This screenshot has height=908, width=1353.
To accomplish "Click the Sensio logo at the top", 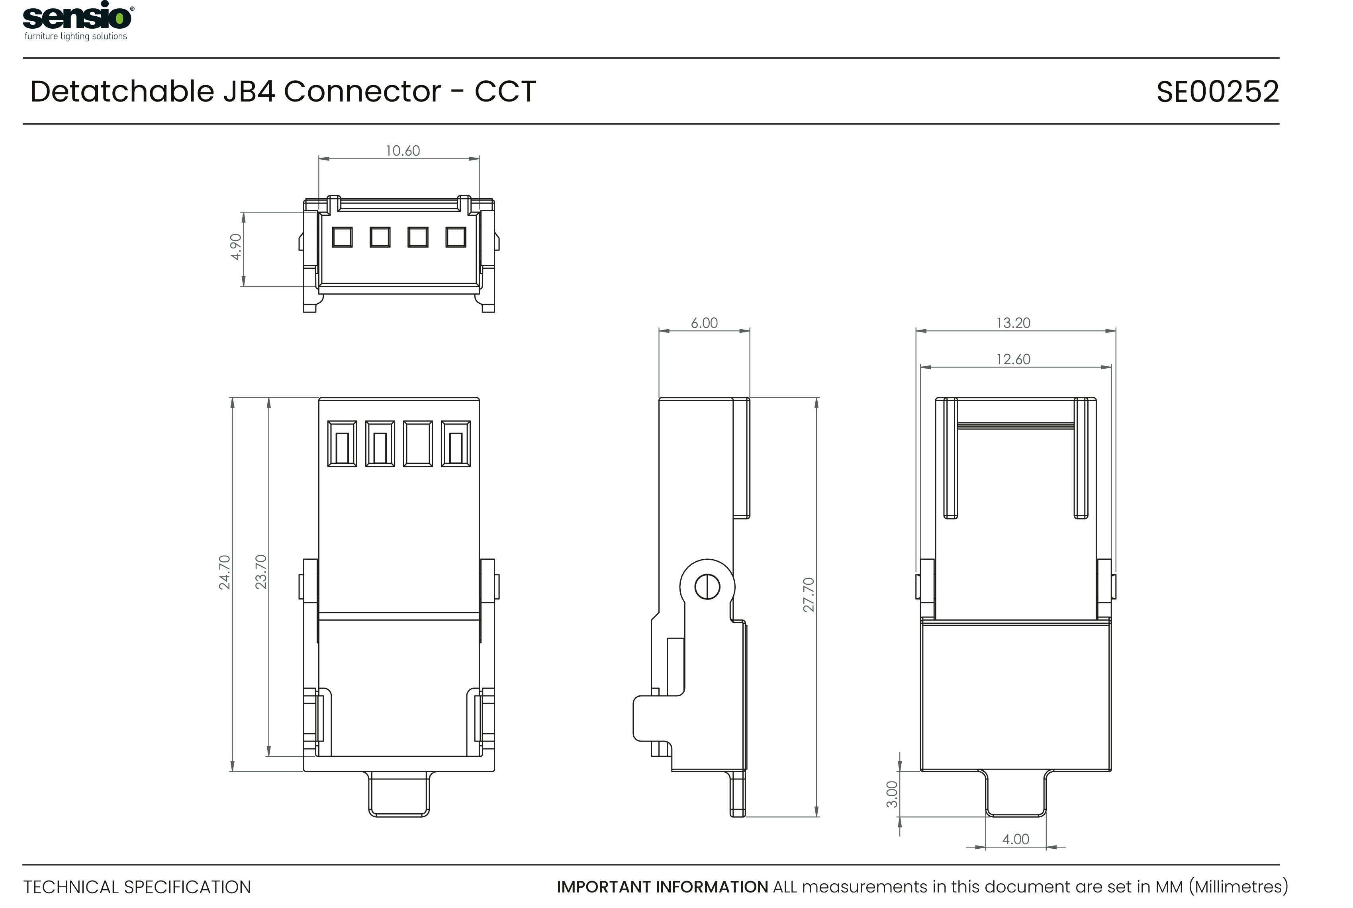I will click(x=77, y=16).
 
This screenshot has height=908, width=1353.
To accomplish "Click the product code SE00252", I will click(x=1217, y=92).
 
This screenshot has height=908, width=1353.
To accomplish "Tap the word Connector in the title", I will click(x=362, y=92).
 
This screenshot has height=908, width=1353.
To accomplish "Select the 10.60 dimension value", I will click(x=403, y=150).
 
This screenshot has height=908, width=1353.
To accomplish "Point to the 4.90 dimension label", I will click(x=236, y=247).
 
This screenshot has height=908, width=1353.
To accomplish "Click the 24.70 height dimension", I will click(x=224, y=572).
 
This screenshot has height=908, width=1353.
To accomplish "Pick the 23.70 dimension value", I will click(x=261, y=572).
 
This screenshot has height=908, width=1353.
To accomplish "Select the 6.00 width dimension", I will click(x=704, y=322).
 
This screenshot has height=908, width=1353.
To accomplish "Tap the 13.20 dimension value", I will click(x=1013, y=322).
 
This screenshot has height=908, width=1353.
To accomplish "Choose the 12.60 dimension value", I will click(x=1013, y=359).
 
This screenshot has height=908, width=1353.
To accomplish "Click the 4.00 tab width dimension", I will click(x=1015, y=839).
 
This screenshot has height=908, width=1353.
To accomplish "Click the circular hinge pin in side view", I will click(x=707, y=587).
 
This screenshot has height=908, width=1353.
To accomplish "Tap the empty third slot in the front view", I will click(x=418, y=443).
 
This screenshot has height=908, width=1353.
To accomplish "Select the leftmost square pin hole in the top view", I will click(x=342, y=237).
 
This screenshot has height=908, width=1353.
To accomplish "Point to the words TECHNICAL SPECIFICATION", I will click(x=137, y=887).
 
